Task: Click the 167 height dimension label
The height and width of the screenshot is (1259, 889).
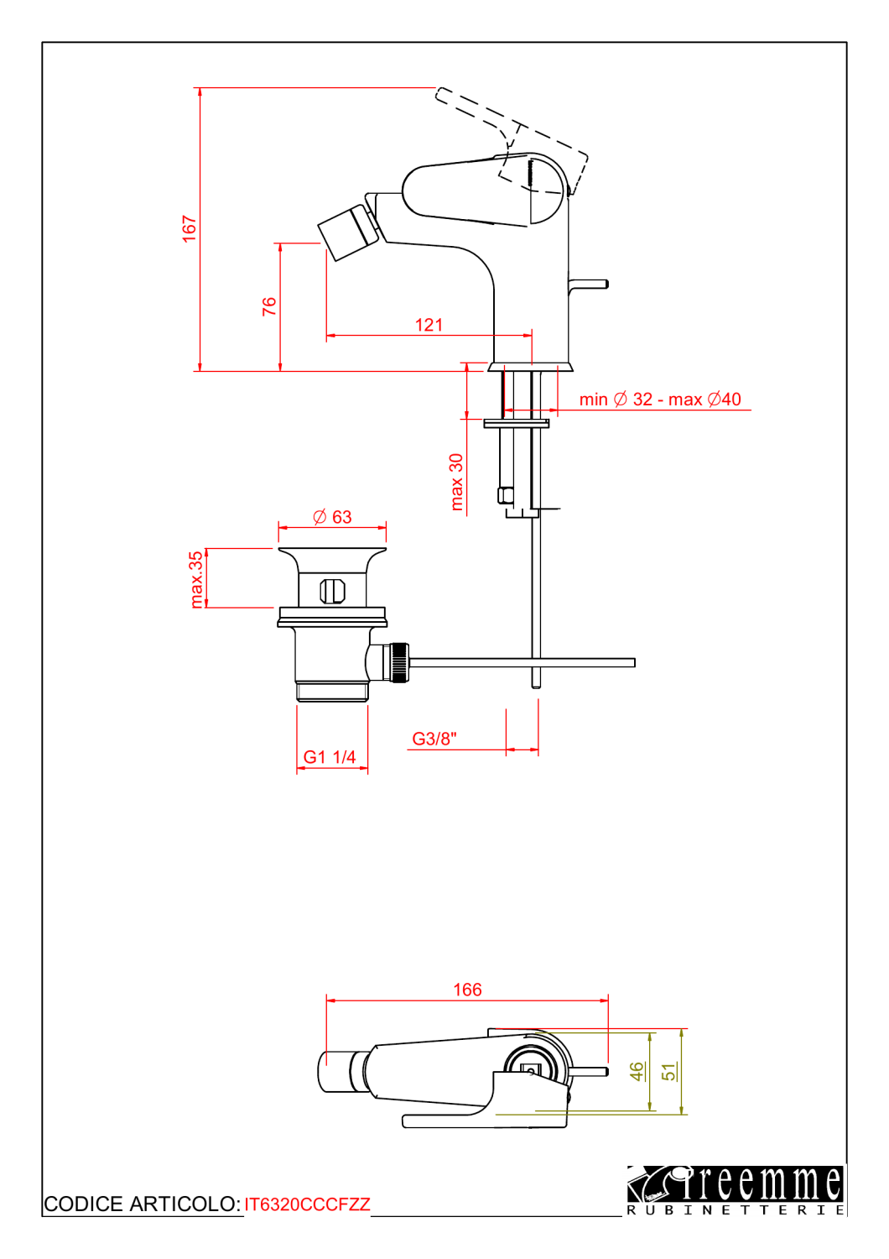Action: click(x=190, y=229)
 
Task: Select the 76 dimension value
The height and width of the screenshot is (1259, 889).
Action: click(x=269, y=306)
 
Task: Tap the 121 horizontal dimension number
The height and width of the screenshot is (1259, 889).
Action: click(x=429, y=325)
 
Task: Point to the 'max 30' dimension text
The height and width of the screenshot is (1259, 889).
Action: click(x=456, y=482)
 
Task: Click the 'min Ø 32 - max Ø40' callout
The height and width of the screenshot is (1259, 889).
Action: click(x=660, y=399)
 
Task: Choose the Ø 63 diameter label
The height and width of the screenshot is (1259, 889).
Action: click(x=332, y=516)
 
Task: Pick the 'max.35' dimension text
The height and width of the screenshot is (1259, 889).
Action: click(x=196, y=579)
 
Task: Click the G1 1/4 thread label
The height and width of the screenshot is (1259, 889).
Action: click(x=329, y=756)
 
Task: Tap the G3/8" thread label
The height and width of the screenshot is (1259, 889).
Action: click(x=434, y=739)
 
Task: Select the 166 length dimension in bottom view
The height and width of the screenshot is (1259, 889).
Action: click(x=467, y=990)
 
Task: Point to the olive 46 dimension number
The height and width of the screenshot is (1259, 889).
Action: click(x=637, y=1071)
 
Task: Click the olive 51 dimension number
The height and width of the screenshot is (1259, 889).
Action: click(x=668, y=1072)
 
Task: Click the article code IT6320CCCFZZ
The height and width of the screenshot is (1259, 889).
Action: click(x=307, y=1204)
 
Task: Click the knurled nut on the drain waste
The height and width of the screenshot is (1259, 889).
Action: click(x=399, y=663)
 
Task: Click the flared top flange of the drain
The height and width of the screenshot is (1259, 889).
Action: click(x=332, y=560)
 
